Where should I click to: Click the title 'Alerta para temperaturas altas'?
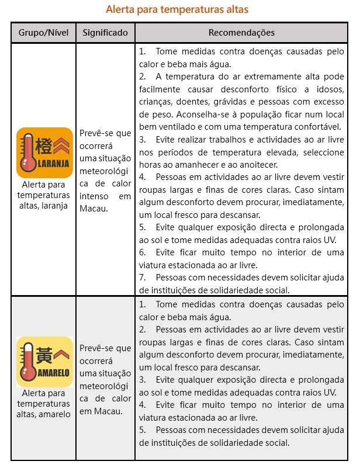tap(177, 10)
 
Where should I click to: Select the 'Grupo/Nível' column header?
tap(44, 33)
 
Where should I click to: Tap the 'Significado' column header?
tap(105, 33)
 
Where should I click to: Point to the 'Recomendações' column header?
tap(241, 33)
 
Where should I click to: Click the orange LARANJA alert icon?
tap(44, 152)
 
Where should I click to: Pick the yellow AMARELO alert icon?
tap(44, 362)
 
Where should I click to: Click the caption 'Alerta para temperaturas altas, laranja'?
tap(43, 195)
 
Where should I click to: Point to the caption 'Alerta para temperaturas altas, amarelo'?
tap(43, 404)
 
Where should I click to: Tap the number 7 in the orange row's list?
tap(142, 278)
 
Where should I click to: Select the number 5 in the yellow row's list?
tap(142, 430)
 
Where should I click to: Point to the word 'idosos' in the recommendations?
tap(330, 89)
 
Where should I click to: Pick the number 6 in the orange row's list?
tap(142, 252)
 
